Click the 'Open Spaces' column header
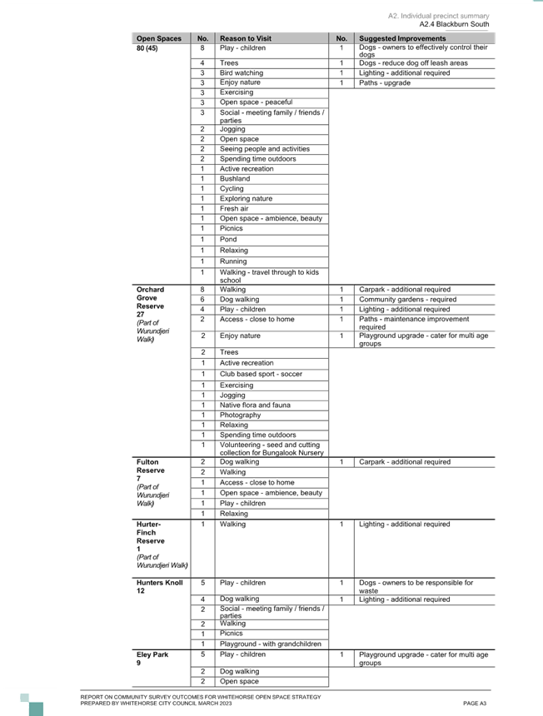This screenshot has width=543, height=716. click(x=158, y=38)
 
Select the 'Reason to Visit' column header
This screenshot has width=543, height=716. click(x=246, y=38)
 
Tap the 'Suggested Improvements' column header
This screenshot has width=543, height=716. click(x=402, y=38)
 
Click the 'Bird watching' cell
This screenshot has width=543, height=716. click(x=242, y=72)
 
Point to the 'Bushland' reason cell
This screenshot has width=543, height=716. click(x=235, y=178)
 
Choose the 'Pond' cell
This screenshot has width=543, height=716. click(x=228, y=239)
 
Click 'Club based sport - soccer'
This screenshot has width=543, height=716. click(x=261, y=374)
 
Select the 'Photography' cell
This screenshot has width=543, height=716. click(x=240, y=415)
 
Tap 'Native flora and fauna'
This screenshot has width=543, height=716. click(x=255, y=405)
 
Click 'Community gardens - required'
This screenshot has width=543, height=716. click(x=408, y=299)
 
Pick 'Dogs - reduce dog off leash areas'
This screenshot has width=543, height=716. click(x=413, y=63)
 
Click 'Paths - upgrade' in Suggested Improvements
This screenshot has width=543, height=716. click(x=385, y=82)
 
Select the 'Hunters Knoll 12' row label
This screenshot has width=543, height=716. click(x=159, y=586)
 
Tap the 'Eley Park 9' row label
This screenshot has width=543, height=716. click(x=152, y=658)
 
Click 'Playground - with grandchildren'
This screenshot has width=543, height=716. click(x=271, y=644)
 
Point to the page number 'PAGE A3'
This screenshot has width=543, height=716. click(x=475, y=704)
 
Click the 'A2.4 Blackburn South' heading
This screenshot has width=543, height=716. click(x=454, y=24)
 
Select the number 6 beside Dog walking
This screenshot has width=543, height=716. click(x=202, y=299)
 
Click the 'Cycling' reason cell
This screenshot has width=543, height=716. click(x=232, y=189)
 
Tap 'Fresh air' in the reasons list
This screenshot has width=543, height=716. click(x=234, y=208)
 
